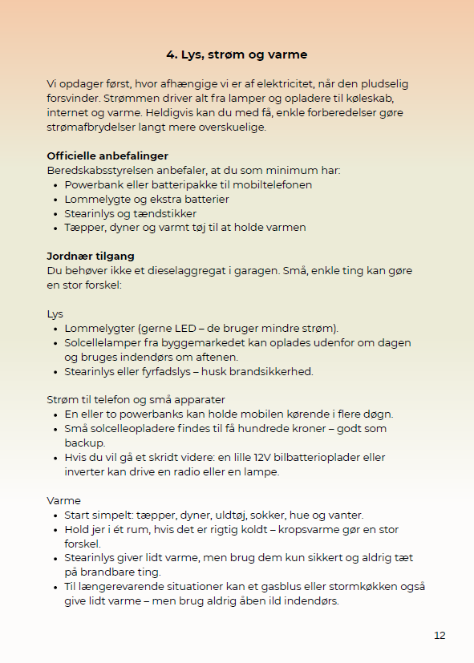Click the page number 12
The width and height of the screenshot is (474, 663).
click(440, 635)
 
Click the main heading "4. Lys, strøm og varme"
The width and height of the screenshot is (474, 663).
click(237, 55)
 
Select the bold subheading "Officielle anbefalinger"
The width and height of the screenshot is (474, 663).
click(107, 156)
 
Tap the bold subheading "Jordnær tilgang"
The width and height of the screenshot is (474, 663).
click(91, 256)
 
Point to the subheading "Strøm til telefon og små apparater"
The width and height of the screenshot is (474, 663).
click(136, 399)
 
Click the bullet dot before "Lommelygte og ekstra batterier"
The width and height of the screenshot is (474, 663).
click(55, 200)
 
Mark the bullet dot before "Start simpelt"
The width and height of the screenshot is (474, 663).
click(55, 515)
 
